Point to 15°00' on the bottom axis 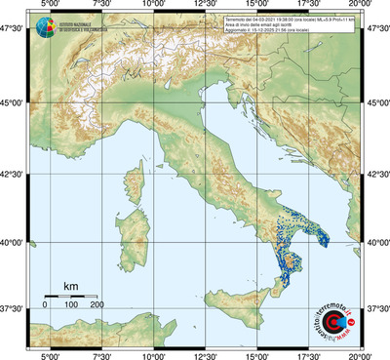point(256,354)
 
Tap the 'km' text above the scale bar point(70,285)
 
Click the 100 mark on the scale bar point(71,305)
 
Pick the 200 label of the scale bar point(97,305)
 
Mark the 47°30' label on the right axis point(376,30)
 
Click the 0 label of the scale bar point(45,305)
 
